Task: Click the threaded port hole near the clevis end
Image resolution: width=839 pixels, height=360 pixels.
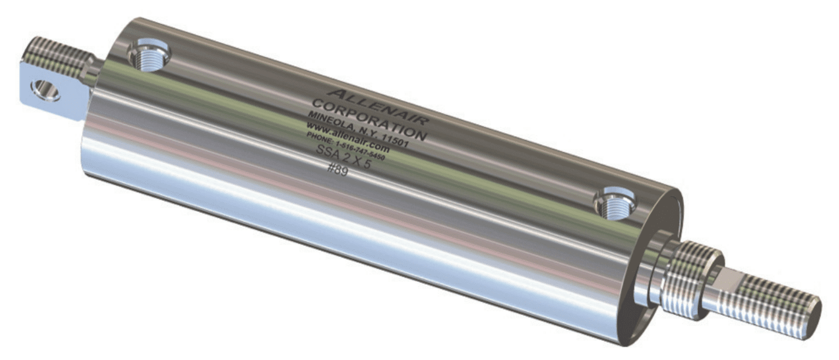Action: (x=149, y=56)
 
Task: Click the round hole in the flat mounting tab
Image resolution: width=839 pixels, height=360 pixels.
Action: (x=45, y=90)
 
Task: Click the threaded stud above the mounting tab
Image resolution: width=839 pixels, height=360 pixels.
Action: (x=58, y=55)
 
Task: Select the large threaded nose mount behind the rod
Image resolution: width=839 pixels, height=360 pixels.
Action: (x=691, y=278)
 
